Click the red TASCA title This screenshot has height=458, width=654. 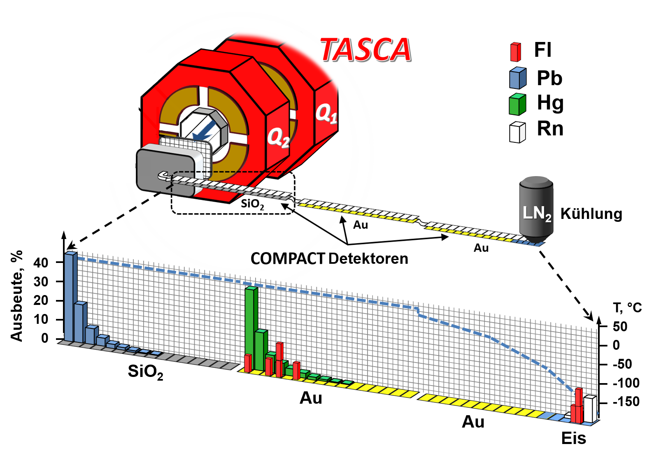pos(365,50)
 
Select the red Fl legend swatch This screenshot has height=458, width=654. pos(515,52)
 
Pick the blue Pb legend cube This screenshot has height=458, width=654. pos(518,78)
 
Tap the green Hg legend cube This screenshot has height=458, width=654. pos(517,105)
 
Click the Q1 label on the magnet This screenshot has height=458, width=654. pos(326,113)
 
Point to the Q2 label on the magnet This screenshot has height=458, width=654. pos(278,137)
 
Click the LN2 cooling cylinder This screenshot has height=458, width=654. pos(536,210)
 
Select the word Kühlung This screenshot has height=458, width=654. pos(591,214)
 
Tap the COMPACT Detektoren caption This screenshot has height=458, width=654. pos(329,258)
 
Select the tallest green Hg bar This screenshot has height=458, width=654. pos(251,328)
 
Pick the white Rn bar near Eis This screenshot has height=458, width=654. pos(590,409)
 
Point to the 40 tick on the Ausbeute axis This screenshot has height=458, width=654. pos(41,263)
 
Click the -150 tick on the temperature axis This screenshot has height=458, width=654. pos(626,402)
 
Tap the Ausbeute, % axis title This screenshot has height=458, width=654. pos(16,296)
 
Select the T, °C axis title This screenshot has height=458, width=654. pos(627,308)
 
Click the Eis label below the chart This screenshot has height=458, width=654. pos(573,439)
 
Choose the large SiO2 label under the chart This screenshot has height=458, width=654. pos(145,372)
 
